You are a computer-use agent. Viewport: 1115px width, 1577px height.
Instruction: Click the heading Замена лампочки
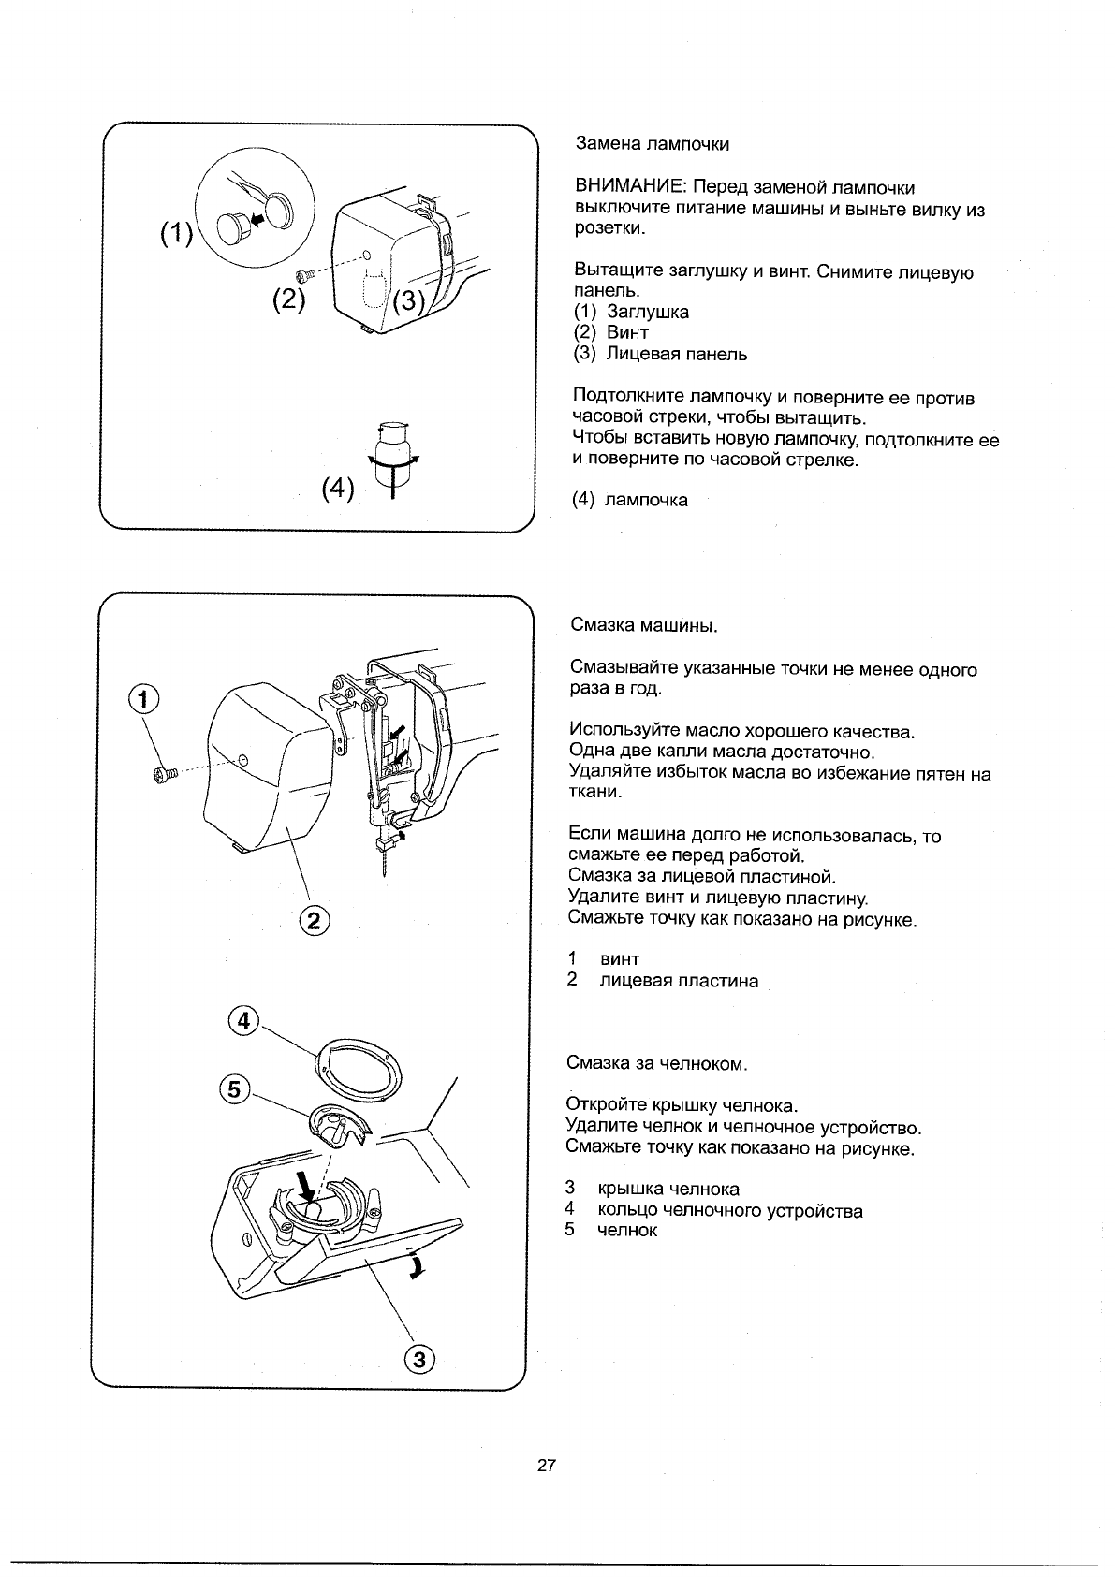652,144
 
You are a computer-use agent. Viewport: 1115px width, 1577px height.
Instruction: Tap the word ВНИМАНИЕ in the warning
625,189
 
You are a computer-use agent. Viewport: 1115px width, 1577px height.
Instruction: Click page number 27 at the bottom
548,1466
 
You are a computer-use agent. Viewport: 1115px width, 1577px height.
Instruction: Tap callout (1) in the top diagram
175,234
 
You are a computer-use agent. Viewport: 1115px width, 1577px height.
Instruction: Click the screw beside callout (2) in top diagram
304,275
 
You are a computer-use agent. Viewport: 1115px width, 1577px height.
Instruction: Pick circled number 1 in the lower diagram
143,697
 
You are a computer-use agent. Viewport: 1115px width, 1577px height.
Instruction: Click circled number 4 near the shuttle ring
243,1021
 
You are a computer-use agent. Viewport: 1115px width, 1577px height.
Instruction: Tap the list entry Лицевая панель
677,354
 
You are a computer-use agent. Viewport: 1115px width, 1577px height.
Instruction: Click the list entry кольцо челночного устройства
730,1211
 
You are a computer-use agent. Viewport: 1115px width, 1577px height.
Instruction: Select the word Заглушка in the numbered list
648,312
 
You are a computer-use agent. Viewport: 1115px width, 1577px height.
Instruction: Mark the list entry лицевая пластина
679,981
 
